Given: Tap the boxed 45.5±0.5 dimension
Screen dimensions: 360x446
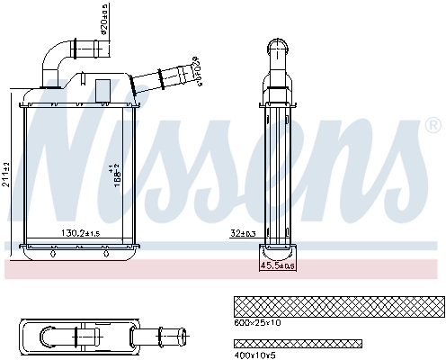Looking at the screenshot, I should (x=279, y=265).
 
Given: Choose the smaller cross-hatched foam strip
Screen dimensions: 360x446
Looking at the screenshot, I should (x=297, y=344).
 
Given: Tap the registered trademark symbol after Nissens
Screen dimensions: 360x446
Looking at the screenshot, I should (x=433, y=123).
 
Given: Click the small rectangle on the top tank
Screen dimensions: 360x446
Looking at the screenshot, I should (x=103, y=89).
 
